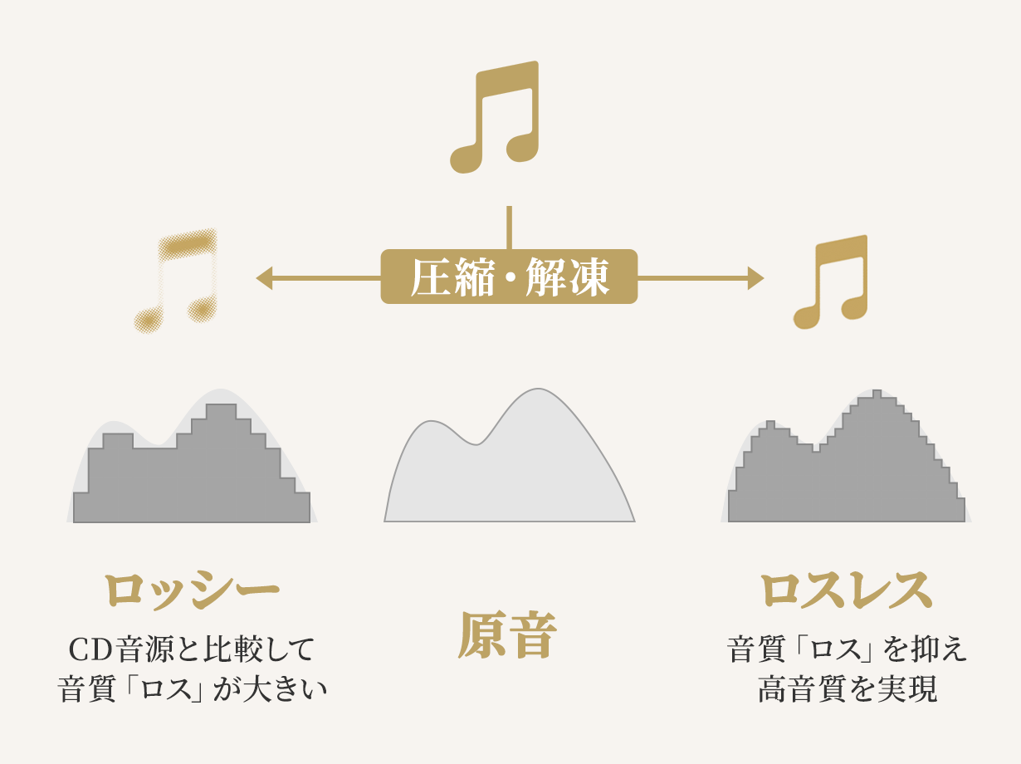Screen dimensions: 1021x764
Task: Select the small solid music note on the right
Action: (833, 282)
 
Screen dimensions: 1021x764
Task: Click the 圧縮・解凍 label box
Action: (509, 277)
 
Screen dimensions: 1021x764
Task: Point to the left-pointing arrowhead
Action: (265, 278)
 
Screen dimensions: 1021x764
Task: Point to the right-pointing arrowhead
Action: (755, 278)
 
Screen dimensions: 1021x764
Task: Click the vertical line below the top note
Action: (509, 227)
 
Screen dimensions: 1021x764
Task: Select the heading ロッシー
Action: (191, 590)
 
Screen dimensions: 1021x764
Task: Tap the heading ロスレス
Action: (846, 590)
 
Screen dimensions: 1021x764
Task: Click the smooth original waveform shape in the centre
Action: (509, 473)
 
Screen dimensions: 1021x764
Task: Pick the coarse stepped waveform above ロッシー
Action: (191, 473)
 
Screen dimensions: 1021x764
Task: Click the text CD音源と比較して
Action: (191, 649)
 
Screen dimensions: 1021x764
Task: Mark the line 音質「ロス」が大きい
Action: (192, 689)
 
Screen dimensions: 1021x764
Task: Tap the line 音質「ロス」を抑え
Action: (847, 649)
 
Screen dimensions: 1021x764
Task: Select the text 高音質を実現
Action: (847, 689)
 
